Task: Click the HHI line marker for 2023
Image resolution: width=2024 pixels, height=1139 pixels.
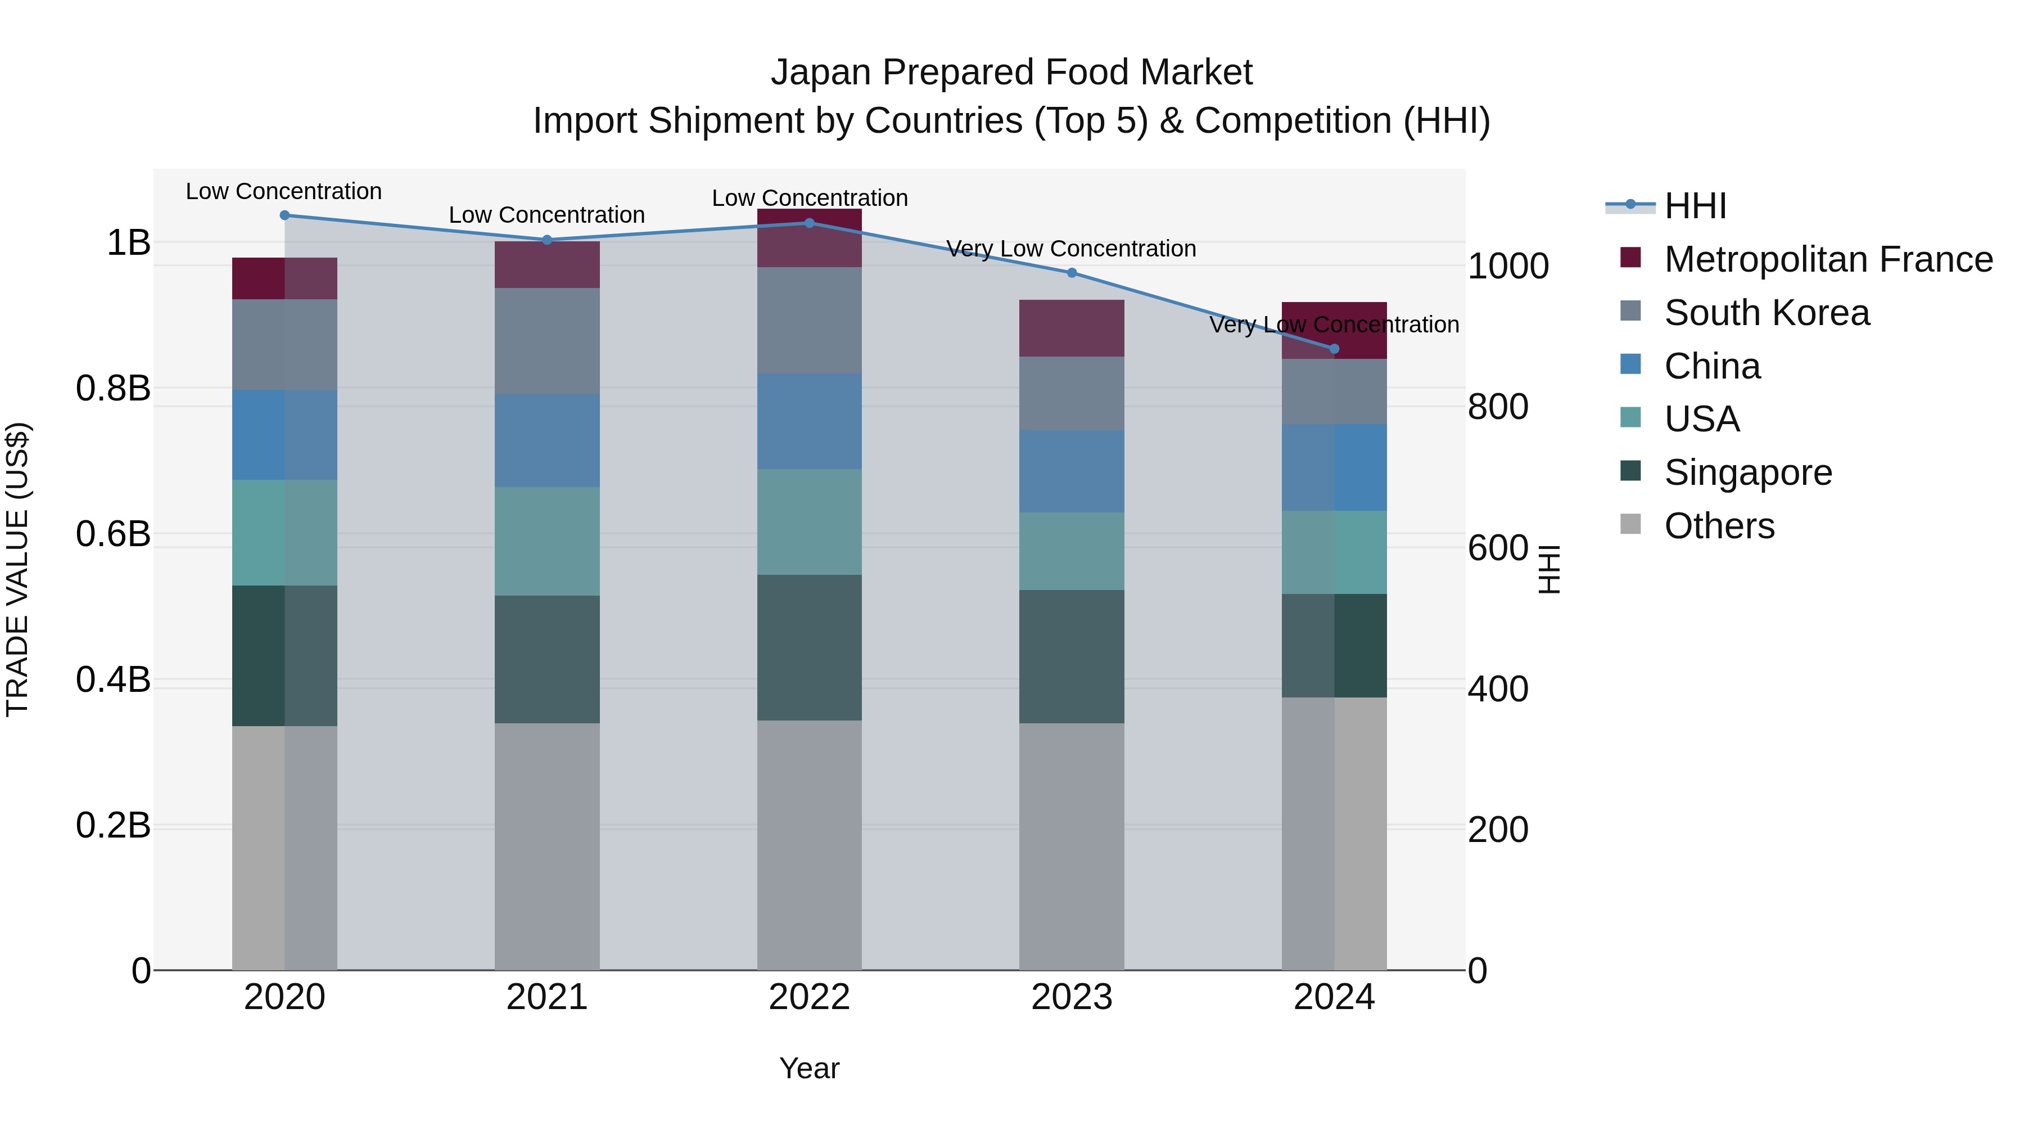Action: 1072,273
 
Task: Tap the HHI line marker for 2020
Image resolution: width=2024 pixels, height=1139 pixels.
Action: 284,215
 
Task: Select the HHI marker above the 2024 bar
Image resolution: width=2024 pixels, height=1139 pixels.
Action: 1334,349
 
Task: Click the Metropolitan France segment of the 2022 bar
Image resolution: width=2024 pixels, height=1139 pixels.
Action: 809,238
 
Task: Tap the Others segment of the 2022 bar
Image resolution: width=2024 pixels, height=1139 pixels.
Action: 809,845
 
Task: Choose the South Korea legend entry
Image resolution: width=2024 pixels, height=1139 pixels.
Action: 1767,313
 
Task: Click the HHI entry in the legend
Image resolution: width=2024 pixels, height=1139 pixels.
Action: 1695,206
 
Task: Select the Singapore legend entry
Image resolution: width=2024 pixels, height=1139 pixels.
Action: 1747,472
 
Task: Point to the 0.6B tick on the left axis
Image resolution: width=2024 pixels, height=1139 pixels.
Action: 113,534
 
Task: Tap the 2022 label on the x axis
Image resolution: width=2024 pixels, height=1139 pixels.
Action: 809,997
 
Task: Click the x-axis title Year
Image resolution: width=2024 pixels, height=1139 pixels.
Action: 809,1068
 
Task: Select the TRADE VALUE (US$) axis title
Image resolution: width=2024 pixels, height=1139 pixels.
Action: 17,569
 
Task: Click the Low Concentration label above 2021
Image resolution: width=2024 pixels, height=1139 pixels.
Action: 547,215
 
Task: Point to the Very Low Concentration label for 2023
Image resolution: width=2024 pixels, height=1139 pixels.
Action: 1071,249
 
